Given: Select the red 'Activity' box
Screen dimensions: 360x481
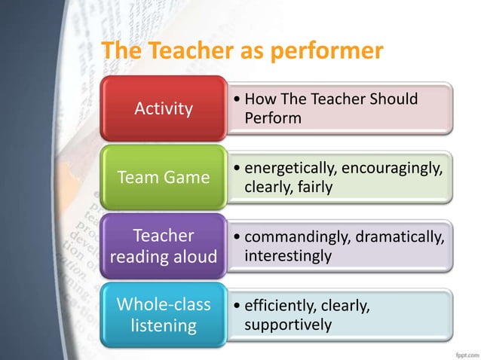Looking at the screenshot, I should coord(164,108).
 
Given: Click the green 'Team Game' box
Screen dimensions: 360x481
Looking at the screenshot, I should coord(164,178).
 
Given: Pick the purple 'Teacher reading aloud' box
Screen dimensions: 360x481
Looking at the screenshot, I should coord(164,246).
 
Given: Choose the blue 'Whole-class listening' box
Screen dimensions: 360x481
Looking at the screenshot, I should coord(164,316).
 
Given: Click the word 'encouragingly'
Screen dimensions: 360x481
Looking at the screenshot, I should coord(392,169).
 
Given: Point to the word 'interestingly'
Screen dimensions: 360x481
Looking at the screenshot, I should coord(288,256).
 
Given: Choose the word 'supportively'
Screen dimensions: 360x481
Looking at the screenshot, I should coord(287,325).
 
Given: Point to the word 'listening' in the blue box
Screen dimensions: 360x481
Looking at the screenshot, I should coord(164,326).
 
